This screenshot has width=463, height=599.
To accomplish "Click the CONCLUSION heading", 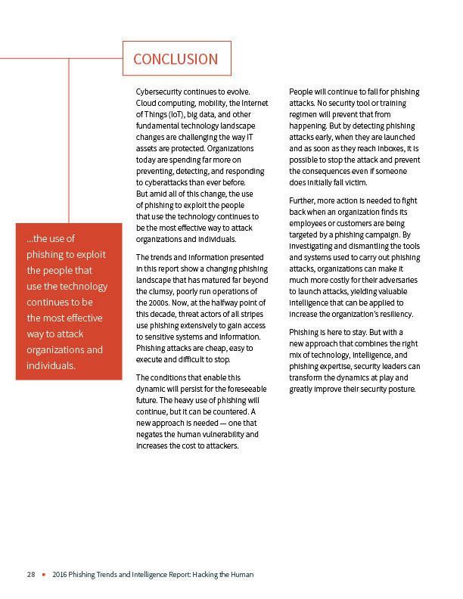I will tap(176, 59).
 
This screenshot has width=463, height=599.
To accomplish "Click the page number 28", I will tap(31, 575).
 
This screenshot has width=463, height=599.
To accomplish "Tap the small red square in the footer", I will tap(45, 575).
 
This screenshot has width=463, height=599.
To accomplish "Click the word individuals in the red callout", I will tap(50, 365).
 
